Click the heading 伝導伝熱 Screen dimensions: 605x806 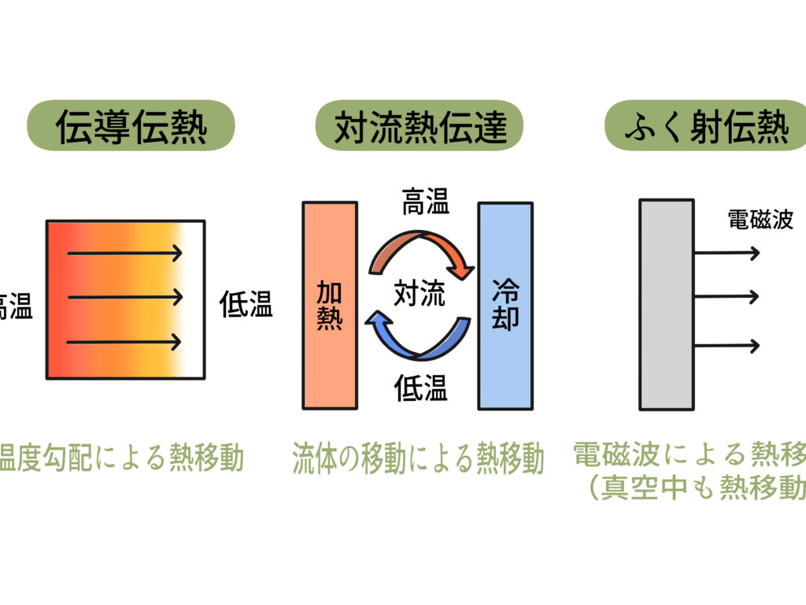coord(131,127)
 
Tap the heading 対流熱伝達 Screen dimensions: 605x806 coord(419,127)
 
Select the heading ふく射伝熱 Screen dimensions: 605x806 coord(706,127)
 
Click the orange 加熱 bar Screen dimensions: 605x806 coord(330,306)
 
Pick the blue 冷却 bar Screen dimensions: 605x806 coord(505,306)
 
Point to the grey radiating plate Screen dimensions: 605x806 coord(666,305)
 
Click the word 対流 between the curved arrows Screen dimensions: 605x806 coord(419,294)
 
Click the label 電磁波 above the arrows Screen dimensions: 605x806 coord(760,220)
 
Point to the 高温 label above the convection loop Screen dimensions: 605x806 coord(425,203)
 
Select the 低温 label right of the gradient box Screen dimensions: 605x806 coord(246,305)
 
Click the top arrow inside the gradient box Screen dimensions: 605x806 coord(125,253)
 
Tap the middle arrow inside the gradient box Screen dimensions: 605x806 coord(125,298)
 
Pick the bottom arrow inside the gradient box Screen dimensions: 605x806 coord(125,342)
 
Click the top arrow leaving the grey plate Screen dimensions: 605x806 coord(727,253)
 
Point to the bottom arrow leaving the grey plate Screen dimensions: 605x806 coord(727,345)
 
